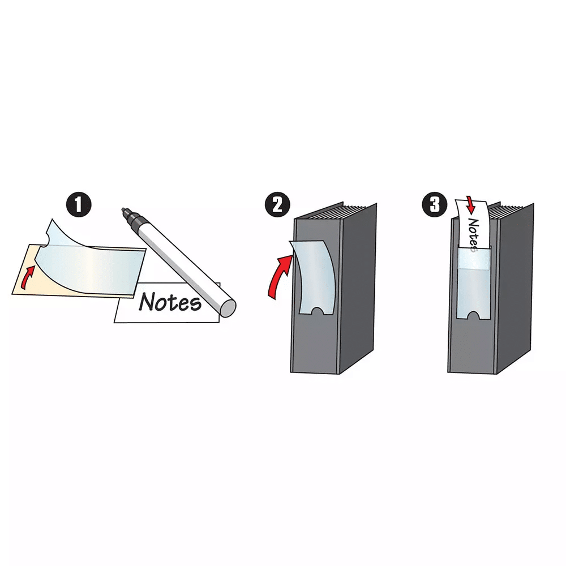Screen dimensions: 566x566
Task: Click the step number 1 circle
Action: (x=78, y=204)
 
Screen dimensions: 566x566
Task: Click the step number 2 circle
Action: (x=277, y=204)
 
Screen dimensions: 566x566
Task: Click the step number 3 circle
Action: (x=435, y=204)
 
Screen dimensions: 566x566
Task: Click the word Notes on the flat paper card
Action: (x=170, y=302)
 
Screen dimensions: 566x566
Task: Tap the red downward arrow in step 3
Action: (x=470, y=205)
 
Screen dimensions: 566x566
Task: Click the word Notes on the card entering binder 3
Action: (x=474, y=235)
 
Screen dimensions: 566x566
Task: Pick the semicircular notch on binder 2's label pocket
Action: (x=318, y=311)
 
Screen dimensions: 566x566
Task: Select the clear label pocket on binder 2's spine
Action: (x=314, y=277)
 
